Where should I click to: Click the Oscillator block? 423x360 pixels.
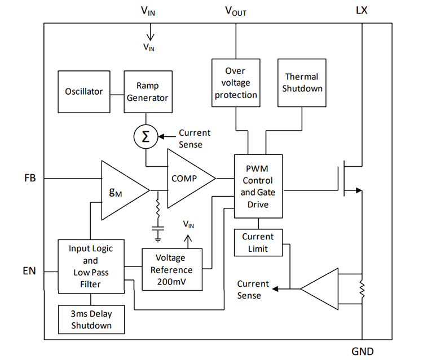84,91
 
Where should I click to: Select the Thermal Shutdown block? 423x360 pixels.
301,82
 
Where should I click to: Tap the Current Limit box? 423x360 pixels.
258,242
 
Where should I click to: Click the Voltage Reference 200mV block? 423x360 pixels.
172,269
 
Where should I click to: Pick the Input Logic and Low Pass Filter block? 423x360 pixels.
91,266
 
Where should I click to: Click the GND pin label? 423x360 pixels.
362,350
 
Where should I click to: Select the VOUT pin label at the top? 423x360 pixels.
235,11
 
